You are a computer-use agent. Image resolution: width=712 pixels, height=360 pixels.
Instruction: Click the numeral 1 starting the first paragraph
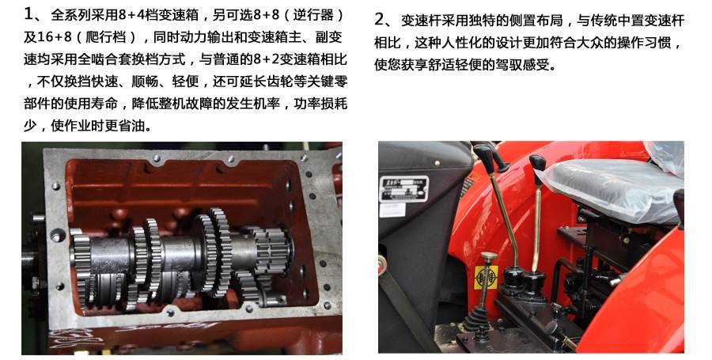(30, 15)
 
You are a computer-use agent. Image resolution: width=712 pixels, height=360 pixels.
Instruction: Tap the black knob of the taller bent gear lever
(484, 156)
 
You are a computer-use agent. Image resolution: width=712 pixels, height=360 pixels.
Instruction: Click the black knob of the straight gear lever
(538, 163)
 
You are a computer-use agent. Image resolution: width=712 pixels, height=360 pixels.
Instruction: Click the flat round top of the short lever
(488, 256)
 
